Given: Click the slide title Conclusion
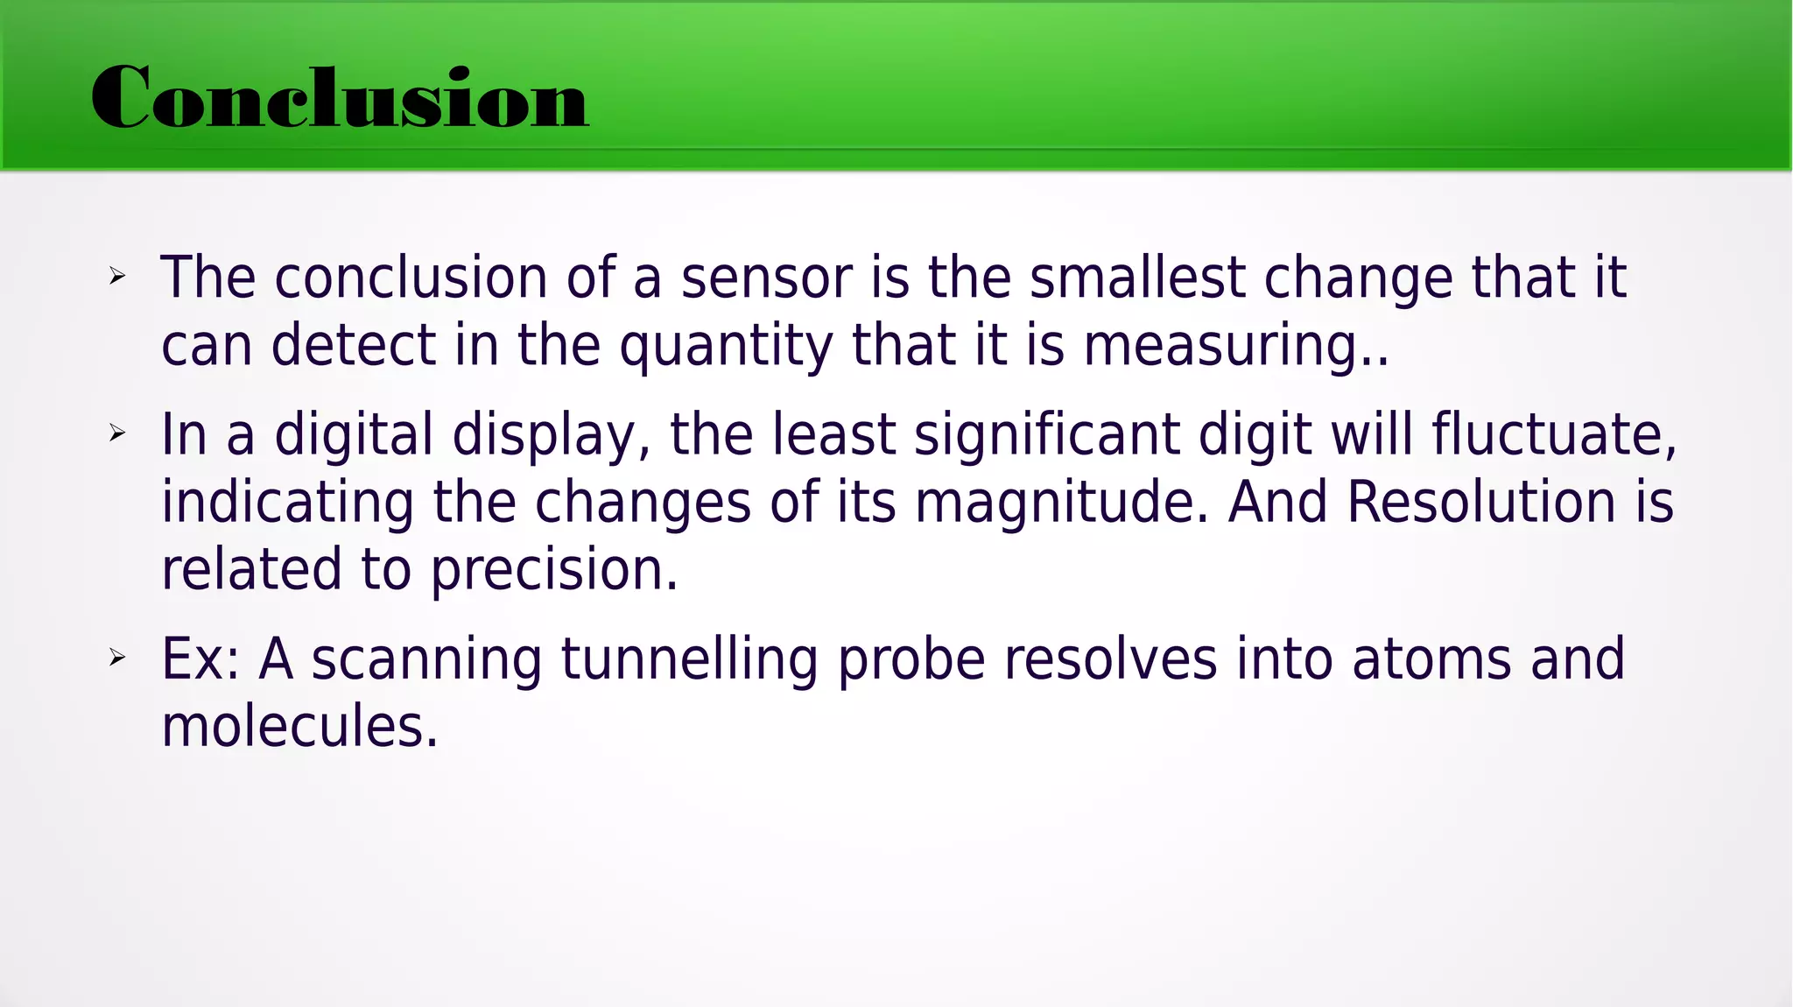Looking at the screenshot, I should pyautogui.click(x=340, y=98).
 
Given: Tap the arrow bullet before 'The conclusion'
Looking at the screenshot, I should pyautogui.click(x=117, y=278).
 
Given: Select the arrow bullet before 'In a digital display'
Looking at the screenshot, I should pyautogui.click(x=117, y=433).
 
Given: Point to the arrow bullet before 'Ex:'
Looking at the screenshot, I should pyautogui.click(x=117, y=658).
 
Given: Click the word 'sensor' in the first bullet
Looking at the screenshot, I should pyautogui.click(x=766, y=278).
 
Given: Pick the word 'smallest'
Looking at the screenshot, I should pyautogui.click(x=1136, y=278).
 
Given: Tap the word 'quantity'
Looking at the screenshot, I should pyautogui.click(x=726, y=346).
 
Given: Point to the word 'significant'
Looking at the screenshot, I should pyautogui.click(x=1046, y=436).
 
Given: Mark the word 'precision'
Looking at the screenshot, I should pyautogui.click(x=553, y=571).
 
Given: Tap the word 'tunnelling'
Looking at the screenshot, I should pyautogui.click(x=689, y=660).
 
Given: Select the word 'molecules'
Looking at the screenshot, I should pyautogui.click(x=299, y=727).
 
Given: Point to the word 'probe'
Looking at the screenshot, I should pyautogui.click(x=911, y=660).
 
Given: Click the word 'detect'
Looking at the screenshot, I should pyautogui.click(x=353, y=345).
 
